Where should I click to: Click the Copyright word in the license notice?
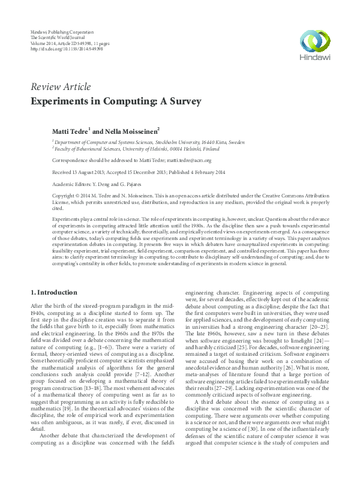pos(65,196)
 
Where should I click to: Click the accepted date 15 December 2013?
pos(144,173)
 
